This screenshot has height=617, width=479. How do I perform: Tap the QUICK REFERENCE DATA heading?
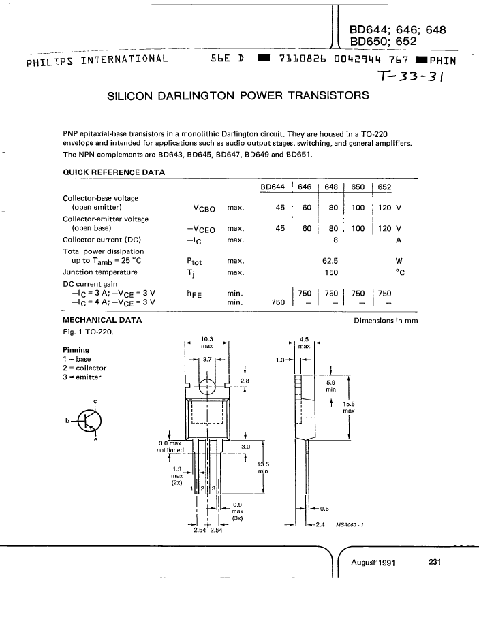pyautogui.click(x=114, y=172)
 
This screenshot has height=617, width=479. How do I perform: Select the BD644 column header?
pyautogui.click(x=273, y=187)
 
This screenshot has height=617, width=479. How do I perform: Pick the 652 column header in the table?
pyautogui.click(x=384, y=187)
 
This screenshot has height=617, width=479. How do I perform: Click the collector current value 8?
pyautogui.click(x=335, y=240)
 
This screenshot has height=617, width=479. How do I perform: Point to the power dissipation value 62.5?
pyautogui.click(x=330, y=261)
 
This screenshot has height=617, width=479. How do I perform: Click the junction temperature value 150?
pyautogui.click(x=331, y=272)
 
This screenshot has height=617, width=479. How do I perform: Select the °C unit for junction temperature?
pyautogui.click(x=400, y=272)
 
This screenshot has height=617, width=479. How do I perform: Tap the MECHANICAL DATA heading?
pyautogui.click(x=102, y=320)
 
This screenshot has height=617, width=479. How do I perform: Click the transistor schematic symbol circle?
pyautogui.click(x=89, y=421)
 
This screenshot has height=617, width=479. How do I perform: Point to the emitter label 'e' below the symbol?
pyautogui.click(x=95, y=439)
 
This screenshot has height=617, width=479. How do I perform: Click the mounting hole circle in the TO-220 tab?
pyautogui.click(x=207, y=387)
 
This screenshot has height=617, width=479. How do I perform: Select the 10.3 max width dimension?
pyautogui.click(x=207, y=343)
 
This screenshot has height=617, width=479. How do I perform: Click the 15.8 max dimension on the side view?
pyautogui.click(x=349, y=407)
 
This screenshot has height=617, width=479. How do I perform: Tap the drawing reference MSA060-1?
pyautogui.click(x=350, y=525)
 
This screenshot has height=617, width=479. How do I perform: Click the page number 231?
pyautogui.click(x=435, y=562)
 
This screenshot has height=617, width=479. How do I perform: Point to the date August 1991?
pyautogui.click(x=373, y=563)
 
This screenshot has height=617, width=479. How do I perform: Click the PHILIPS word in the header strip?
pyautogui.click(x=50, y=62)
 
